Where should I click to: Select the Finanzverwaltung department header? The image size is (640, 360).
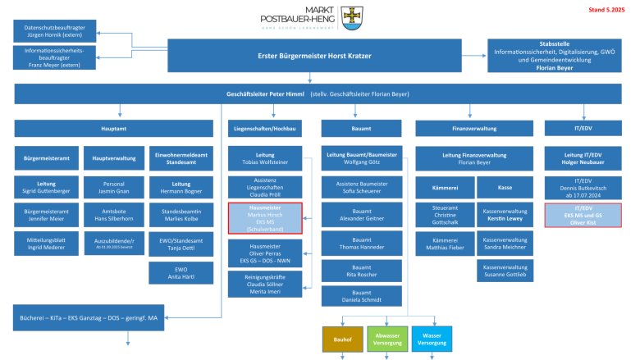(x=472, y=129)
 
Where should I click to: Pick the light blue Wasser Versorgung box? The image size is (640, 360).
(x=430, y=338)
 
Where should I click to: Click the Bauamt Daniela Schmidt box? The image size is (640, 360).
(x=355, y=296)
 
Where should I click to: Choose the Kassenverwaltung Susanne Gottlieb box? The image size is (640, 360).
(x=505, y=270)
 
